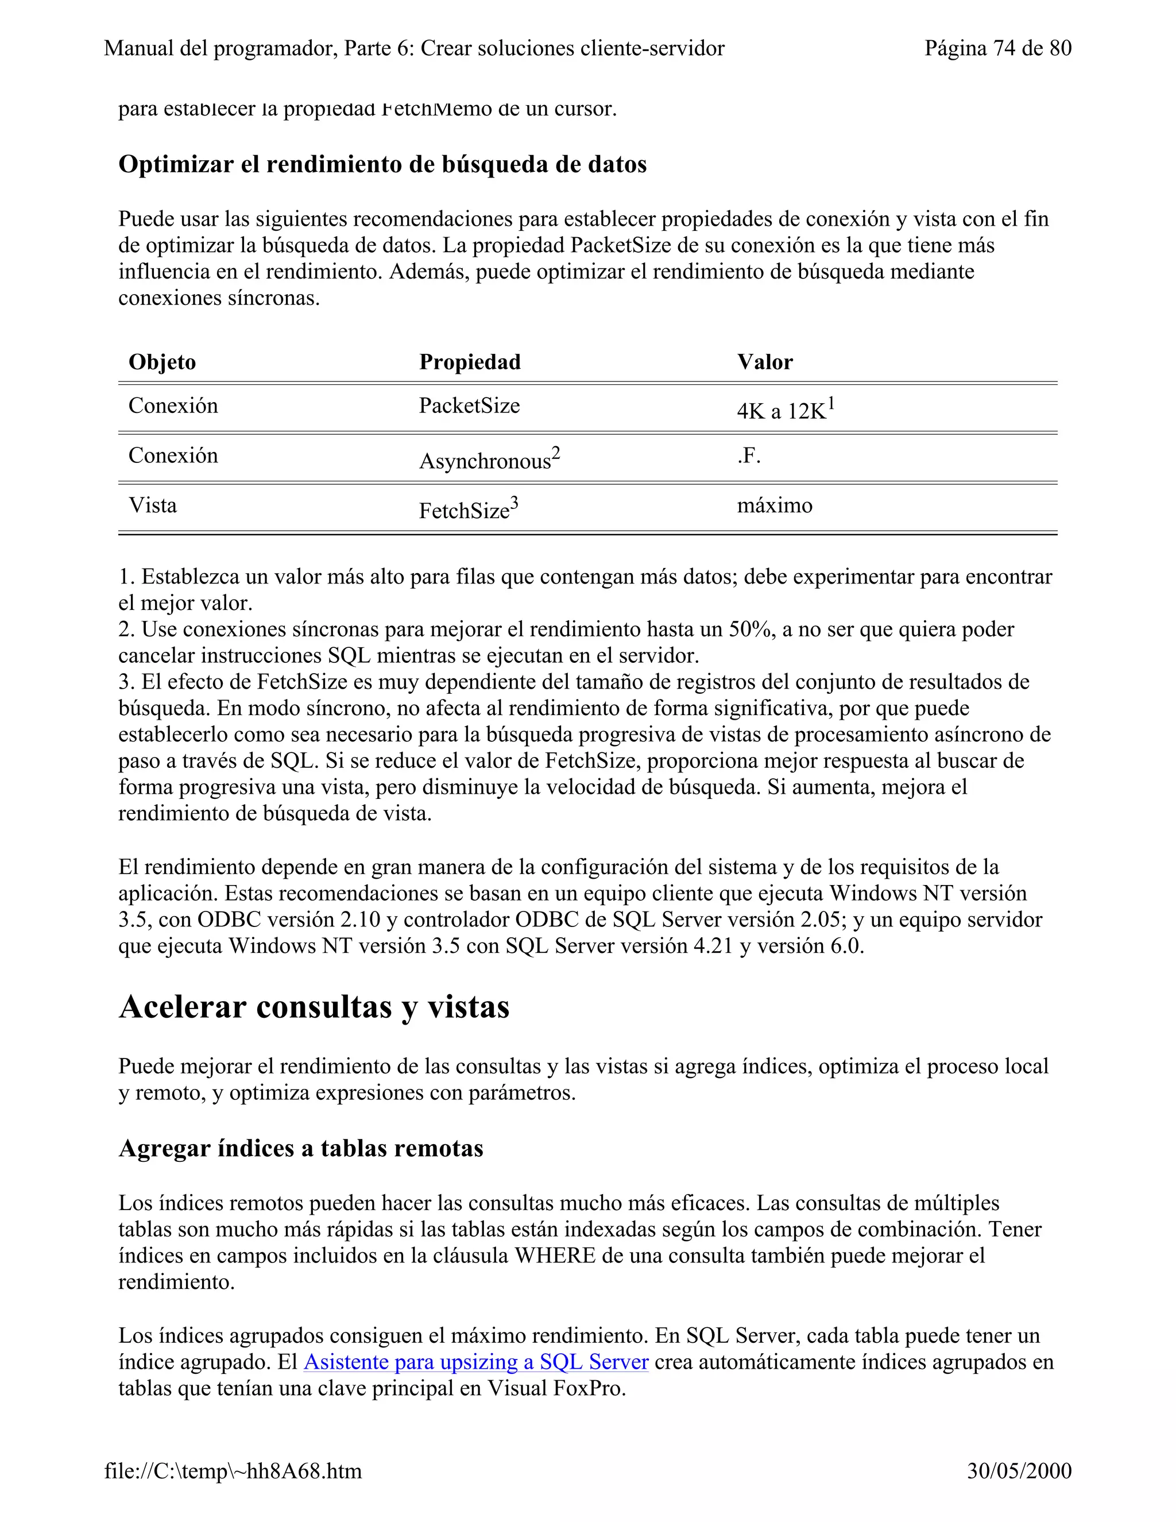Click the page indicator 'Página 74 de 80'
click(x=997, y=48)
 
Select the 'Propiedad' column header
click(x=470, y=362)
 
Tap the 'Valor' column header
click(x=765, y=362)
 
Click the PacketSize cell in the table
click(x=469, y=405)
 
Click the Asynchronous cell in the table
click(x=489, y=460)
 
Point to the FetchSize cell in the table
click(x=468, y=510)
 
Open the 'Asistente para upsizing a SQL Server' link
click(x=476, y=1362)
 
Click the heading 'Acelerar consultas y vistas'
click(x=314, y=1007)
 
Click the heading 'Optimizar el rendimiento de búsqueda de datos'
click(x=382, y=164)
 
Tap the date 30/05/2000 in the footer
click(x=1019, y=1471)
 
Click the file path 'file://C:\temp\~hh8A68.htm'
click(x=233, y=1471)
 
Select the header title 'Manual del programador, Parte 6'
click(x=414, y=48)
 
